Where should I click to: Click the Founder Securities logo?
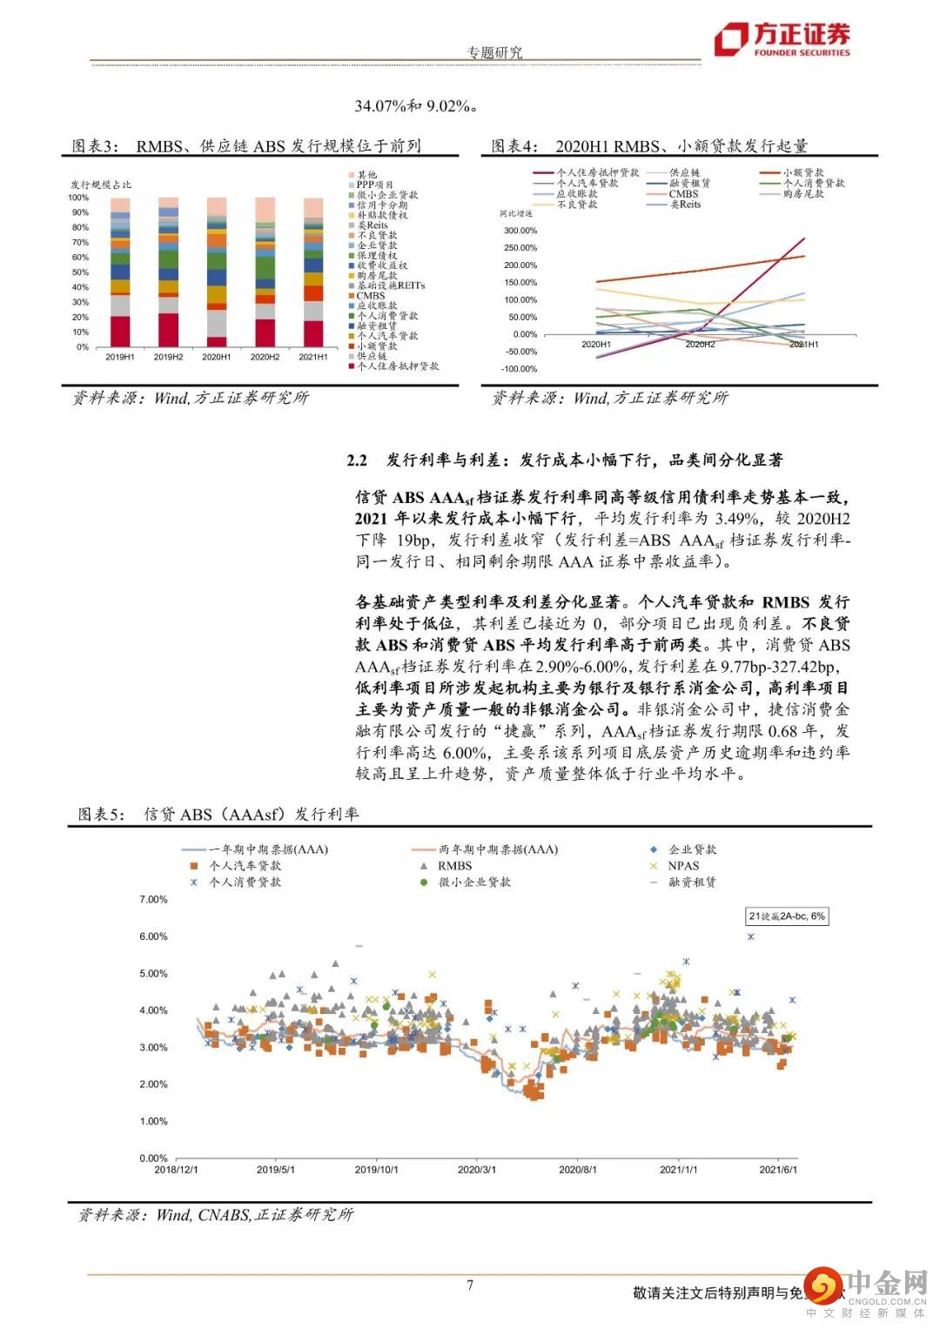click(x=781, y=39)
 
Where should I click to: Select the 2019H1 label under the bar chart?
click(x=119, y=357)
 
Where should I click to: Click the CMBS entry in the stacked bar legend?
click(x=371, y=296)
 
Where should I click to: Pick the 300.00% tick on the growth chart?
click(x=520, y=231)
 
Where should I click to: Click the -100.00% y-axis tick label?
click(x=520, y=369)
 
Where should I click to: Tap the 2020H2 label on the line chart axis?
click(x=700, y=345)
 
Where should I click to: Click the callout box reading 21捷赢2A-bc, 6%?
click(x=787, y=916)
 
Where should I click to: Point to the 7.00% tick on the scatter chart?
click(x=153, y=899)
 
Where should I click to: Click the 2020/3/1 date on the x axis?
click(x=477, y=1169)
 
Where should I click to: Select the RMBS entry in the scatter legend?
click(x=454, y=866)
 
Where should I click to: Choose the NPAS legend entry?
click(x=683, y=866)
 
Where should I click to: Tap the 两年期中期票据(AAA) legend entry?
click(x=510, y=849)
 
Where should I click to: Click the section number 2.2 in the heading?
click(x=357, y=460)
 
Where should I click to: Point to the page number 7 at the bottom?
click(x=470, y=1285)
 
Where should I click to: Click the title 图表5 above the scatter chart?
click(x=102, y=814)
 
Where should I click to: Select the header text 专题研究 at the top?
click(x=494, y=52)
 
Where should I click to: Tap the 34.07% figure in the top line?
click(x=379, y=106)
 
